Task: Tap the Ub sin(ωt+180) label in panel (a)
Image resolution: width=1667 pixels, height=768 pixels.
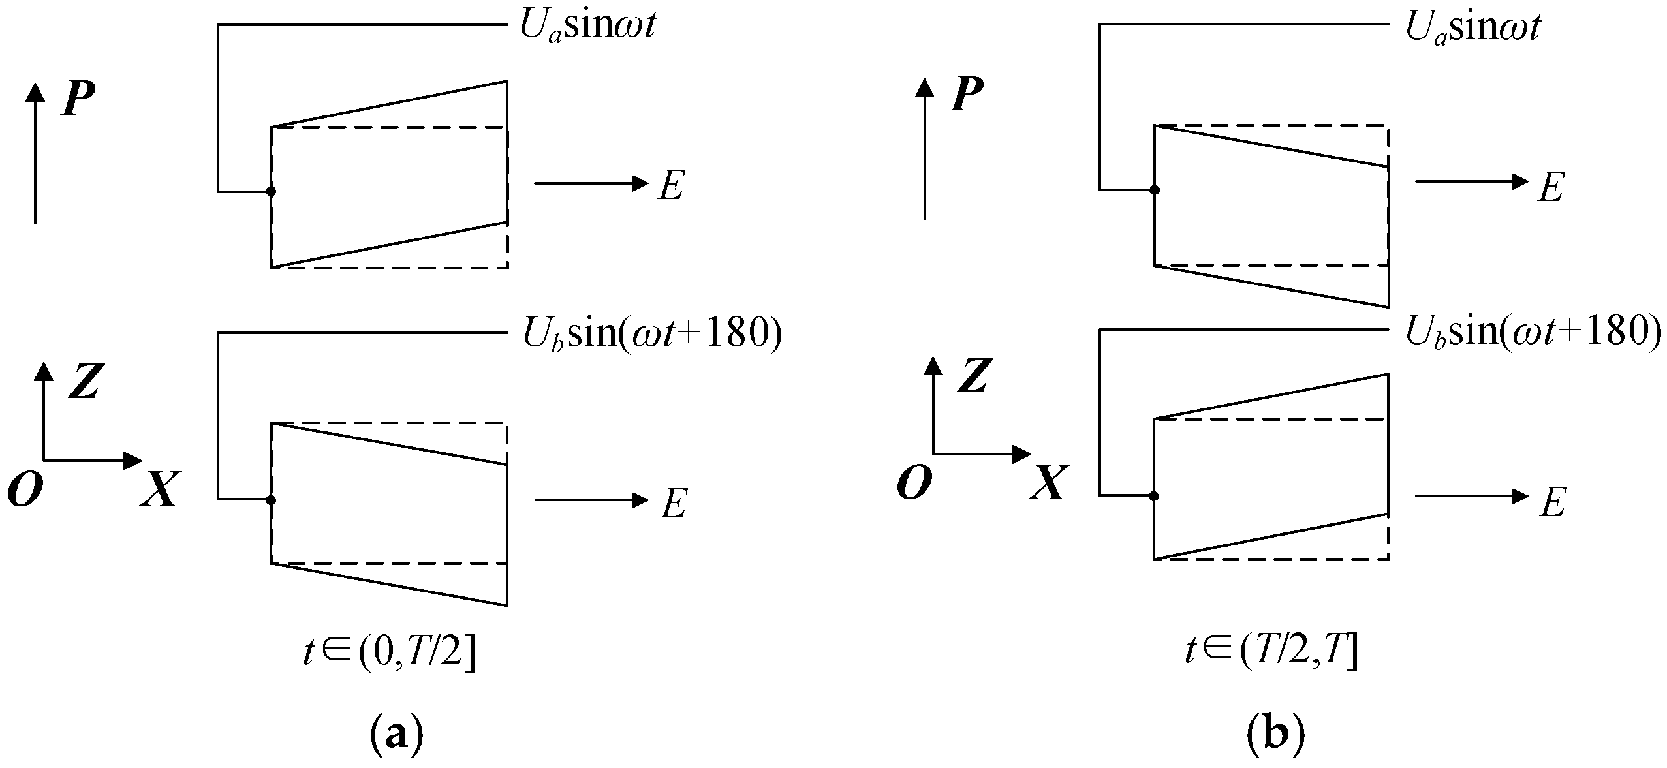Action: pyautogui.click(x=651, y=334)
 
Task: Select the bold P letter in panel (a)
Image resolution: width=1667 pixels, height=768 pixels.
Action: pyautogui.click(x=78, y=99)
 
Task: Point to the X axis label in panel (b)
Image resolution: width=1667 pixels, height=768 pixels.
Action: pyautogui.click(x=1047, y=484)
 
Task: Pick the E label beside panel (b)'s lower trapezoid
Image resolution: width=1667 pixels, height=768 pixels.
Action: pyautogui.click(x=1553, y=504)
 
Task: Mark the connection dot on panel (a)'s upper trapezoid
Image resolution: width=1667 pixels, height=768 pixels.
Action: pyautogui.click(x=272, y=191)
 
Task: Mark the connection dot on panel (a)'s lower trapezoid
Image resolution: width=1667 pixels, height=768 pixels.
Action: pyautogui.click(x=272, y=500)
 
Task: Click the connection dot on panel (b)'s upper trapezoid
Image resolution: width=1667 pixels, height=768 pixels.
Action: pyautogui.click(x=1155, y=190)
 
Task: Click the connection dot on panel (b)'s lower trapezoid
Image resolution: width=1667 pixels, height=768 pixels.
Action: pyautogui.click(x=1154, y=496)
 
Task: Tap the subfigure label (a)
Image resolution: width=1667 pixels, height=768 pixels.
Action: pyautogui.click(x=396, y=735)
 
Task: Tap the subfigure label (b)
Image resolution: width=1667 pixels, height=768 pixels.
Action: pyautogui.click(x=1276, y=735)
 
